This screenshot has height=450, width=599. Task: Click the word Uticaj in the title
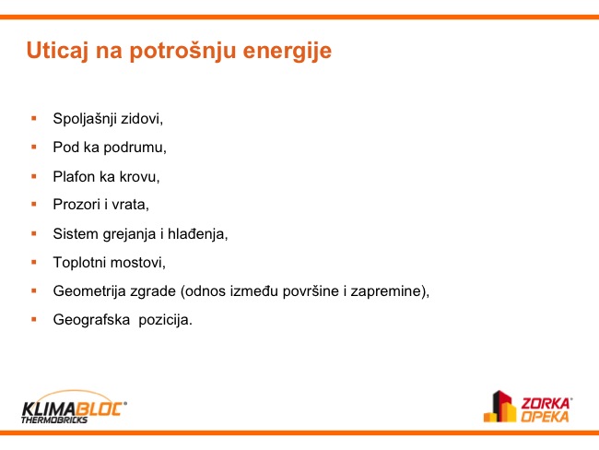coord(57,52)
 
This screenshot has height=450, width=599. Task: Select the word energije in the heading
coord(288,53)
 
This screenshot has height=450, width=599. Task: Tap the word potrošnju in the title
coord(182,52)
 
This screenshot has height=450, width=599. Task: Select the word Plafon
coord(74,177)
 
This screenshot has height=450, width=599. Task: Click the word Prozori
coord(76,205)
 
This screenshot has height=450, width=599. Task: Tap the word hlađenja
coord(197,233)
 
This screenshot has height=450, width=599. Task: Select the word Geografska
coord(91,320)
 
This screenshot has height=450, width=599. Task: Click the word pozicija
coord(165,320)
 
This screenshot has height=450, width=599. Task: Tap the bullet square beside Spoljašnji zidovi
coord(34,119)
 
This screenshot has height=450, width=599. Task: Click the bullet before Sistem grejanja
coord(34,233)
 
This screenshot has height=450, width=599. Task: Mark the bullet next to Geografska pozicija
coord(34,319)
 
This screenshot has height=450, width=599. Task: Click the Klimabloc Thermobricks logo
coord(74,408)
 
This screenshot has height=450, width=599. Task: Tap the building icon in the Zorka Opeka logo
coord(499,406)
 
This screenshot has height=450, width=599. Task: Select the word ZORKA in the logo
coord(546,403)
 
